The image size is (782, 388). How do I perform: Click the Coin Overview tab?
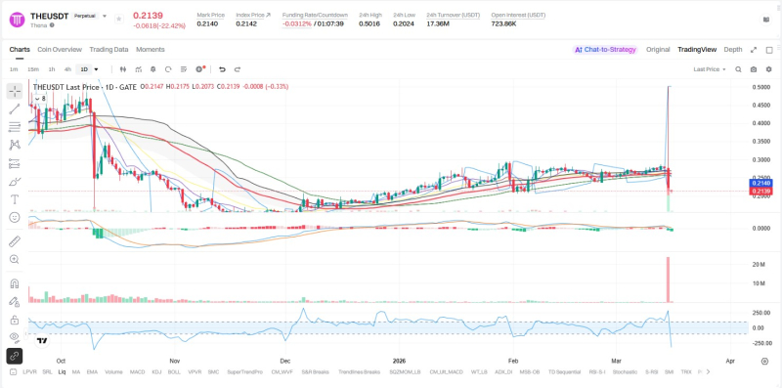pyautogui.click(x=59, y=49)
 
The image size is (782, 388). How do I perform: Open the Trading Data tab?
pyautogui.click(x=109, y=49)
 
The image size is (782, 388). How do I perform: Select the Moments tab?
pyautogui.click(x=151, y=49)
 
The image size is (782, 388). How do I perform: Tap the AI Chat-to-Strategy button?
pyautogui.click(x=605, y=49)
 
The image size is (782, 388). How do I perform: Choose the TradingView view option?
pyautogui.click(x=697, y=49)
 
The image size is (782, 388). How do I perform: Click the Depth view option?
pyautogui.click(x=733, y=49)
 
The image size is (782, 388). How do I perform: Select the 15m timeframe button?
pyautogui.click(x=33, y=69)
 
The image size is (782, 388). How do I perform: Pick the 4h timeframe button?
pyautogui.click(x=67, y=69)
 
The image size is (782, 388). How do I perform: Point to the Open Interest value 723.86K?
pyautogui.click(x=504, y=23)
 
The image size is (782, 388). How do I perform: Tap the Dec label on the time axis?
pyautogui.click(x=286, y=361)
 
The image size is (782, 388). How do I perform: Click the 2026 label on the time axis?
pyautogui.click(x=399, y=361)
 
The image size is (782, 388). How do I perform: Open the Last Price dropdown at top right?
pyautogui.click(x=710, y=69)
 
